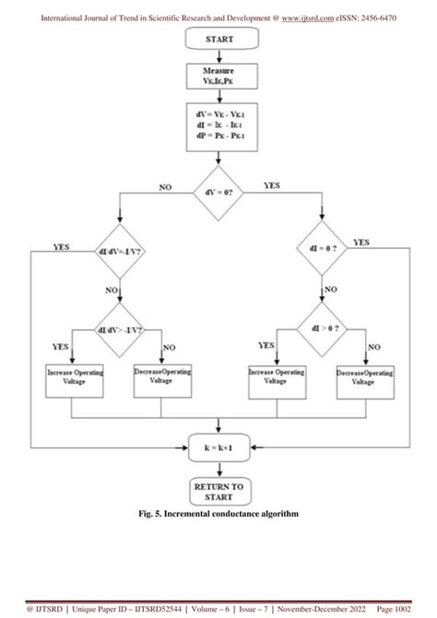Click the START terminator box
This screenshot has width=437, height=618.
click(218, 40)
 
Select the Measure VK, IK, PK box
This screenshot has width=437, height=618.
click(218, 75)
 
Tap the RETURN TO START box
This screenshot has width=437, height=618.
click(218, 490)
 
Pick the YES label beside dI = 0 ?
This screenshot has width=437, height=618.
click(361, 243)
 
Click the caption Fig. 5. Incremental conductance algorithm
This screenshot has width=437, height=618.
click(218, 513)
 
